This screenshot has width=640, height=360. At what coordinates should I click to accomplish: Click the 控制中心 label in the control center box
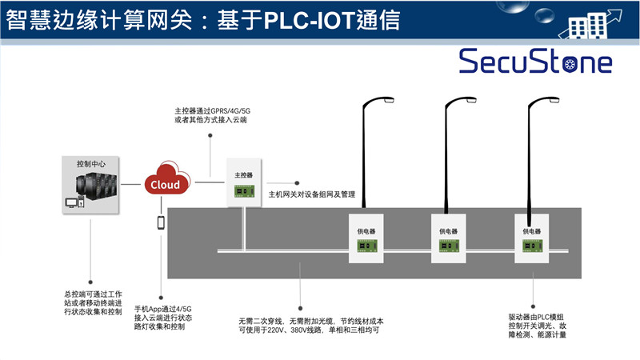90,162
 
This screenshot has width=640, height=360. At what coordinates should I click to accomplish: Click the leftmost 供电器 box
365,238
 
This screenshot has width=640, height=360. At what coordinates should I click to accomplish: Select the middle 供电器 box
447,238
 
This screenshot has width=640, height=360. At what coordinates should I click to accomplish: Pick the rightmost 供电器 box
531,238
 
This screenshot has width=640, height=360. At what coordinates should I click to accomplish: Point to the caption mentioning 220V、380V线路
308,325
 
